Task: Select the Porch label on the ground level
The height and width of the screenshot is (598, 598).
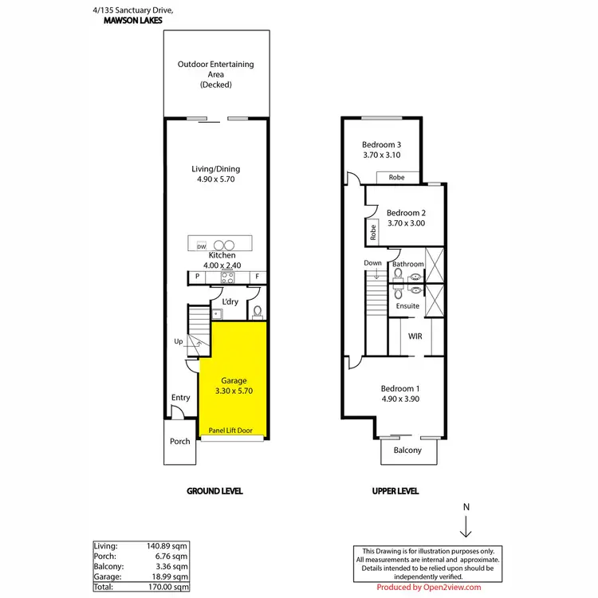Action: (180, 441)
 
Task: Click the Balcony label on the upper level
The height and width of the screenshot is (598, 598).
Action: (408, 451)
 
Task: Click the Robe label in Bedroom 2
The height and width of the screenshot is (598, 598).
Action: (372, 232)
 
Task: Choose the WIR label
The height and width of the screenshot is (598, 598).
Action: (415, 336)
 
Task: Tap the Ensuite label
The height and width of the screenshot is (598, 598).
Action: (408, 305)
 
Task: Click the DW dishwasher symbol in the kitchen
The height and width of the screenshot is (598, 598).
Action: (201, 246)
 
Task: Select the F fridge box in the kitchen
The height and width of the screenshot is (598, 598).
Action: (257, 277)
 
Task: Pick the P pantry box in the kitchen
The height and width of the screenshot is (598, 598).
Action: (196, 277)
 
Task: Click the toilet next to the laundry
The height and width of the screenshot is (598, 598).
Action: (256, 312)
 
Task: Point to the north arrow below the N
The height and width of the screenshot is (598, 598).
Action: (466, 527)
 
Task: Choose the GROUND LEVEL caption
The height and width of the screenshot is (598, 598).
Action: (214, 491)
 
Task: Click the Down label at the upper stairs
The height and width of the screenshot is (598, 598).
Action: (372, 263)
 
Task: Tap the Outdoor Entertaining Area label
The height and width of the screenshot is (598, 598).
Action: (214, 74)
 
